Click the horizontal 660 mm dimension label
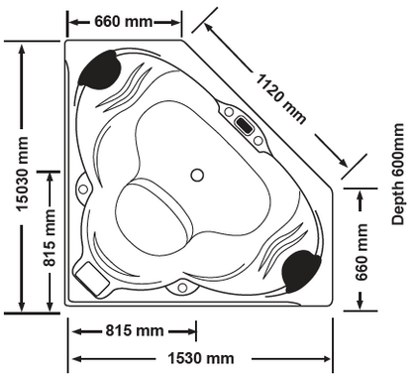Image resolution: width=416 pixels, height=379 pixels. (125, 21)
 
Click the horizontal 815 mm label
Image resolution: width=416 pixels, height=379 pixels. (135, 330)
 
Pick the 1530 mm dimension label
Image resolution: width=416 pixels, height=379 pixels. (201, 357)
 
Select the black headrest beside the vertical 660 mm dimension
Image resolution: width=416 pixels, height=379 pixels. (302, 268)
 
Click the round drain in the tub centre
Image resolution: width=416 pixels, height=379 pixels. (197, 175)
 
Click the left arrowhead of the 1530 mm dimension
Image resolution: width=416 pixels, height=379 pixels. (72, 357)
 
